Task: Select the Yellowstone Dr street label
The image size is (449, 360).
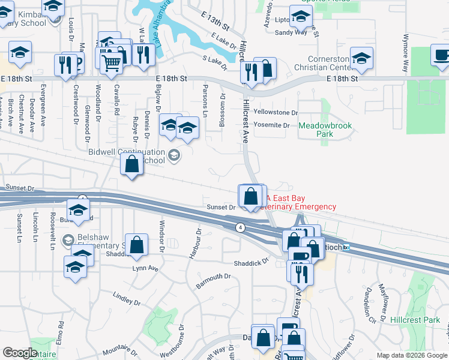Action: pyautogui.click(x=276, y=112)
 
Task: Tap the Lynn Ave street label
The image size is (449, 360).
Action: pyautogui.click(x=145, y=268)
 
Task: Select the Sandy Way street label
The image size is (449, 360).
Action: pyautogui.click(x=291, y=32)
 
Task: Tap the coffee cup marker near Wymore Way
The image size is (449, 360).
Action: pyautogui.click(x=441, y=55)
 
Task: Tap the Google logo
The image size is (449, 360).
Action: pyautogui.click(x=20, y=353)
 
